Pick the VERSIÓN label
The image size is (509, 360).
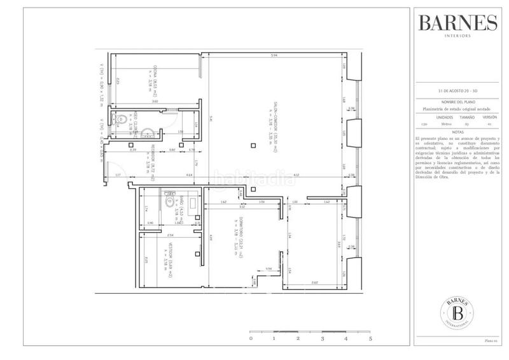point(489,118)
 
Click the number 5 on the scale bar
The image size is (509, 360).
point(370,340)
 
